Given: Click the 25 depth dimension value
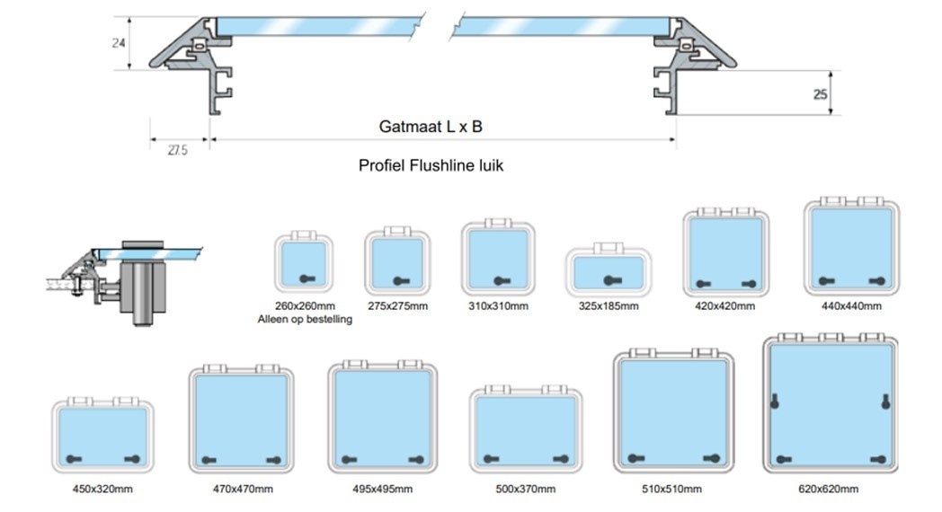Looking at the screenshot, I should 820,93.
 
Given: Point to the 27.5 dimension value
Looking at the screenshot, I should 177,151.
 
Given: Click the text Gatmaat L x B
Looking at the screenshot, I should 431,127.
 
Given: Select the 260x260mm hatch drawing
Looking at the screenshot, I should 304,260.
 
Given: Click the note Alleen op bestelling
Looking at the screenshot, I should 305,319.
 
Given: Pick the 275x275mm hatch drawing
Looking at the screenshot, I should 397,260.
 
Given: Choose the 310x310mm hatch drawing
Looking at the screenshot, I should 498,255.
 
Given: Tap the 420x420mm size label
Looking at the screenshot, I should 724,305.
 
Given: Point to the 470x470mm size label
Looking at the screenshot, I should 243,489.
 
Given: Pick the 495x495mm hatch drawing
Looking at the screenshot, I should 383,419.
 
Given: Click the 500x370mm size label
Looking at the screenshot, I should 525,489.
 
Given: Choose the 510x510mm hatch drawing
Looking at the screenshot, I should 674,414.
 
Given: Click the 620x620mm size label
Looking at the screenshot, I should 828,489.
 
